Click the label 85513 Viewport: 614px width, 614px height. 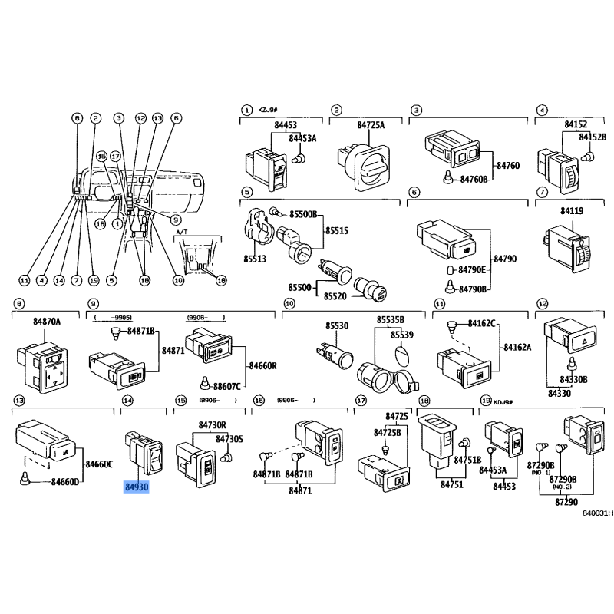tap(255, 259)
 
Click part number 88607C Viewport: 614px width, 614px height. tap(227, 387)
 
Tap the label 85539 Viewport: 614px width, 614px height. tap(400, 335)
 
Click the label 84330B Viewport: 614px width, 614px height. tap(573, 379)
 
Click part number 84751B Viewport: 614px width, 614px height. tap(467, 459)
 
